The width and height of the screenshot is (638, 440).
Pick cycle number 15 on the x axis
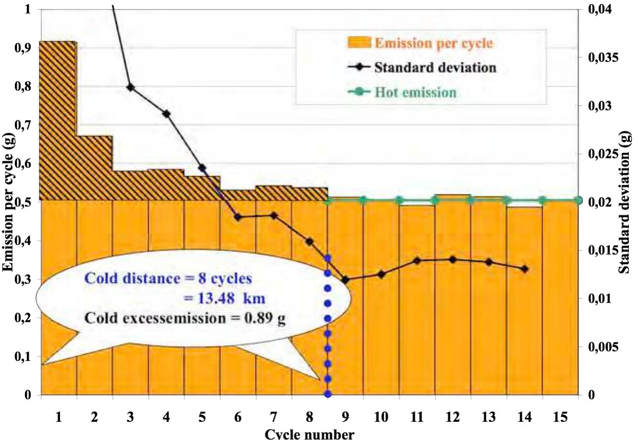click(560, 417)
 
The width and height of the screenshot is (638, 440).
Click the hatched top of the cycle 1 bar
click(58, 120)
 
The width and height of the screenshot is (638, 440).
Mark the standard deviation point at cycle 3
click(131, 87)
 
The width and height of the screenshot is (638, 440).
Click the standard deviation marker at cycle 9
click(345, 280)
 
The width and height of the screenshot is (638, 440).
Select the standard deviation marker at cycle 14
click(524, 269)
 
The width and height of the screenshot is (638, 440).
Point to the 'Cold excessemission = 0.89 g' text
click(184, 318)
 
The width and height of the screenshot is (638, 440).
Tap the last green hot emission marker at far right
click(578, 200)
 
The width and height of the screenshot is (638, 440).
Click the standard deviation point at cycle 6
click(238, 217)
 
